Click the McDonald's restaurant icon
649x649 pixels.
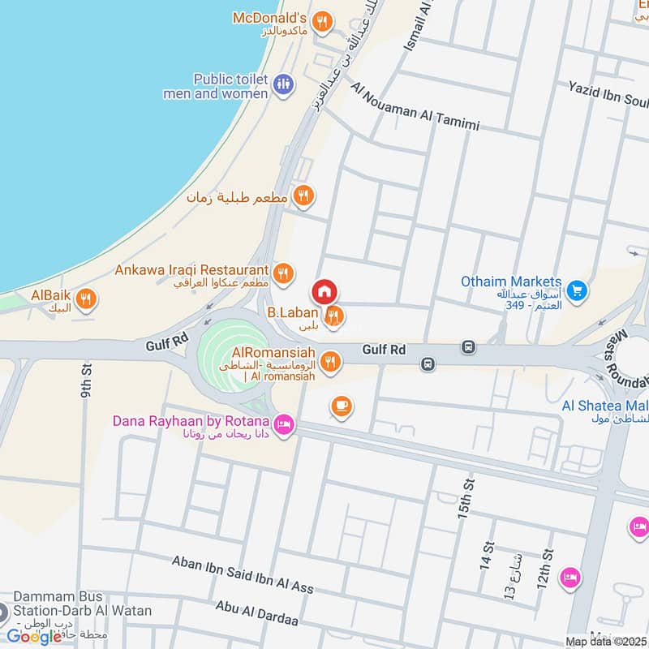click(323, 23)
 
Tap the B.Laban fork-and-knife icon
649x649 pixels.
click(333, 317)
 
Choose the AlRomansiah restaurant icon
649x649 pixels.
click(329, 362)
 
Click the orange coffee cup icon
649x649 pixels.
click(341, 406)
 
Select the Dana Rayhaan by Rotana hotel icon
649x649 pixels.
click(284, 425)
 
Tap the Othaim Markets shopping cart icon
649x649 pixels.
click(577, 289)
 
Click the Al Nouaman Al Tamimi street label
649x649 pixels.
click(415, 105)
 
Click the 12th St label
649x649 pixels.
click(545, 567)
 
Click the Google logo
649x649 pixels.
click(34, 636)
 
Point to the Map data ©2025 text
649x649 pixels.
click(606, 641)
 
